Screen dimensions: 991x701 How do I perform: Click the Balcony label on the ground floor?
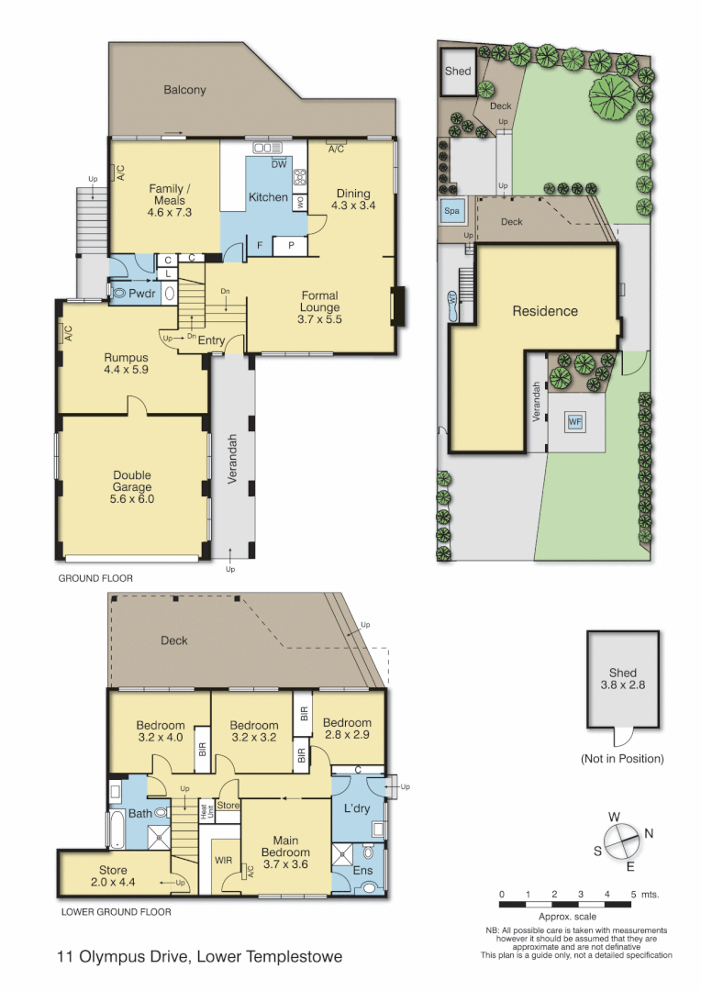[x=184, y=90]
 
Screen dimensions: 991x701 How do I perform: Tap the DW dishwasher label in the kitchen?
[x=278, y=164]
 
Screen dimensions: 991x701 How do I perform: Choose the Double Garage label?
[x=132, y=487]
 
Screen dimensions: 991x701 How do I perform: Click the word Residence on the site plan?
[x=544, y=311]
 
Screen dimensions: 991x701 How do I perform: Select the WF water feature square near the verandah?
[x=575, y=421]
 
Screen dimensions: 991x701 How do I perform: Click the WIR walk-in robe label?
[x=223, y=860]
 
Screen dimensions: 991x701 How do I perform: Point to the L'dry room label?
[x=356, y=808]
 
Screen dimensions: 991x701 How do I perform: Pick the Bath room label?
[x=139, y=813]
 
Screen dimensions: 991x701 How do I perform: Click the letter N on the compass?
[x=650, y=833]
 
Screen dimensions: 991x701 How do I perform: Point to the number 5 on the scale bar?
[x=633, y=894]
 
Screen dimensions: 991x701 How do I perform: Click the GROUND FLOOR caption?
[x=95, y=578]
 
